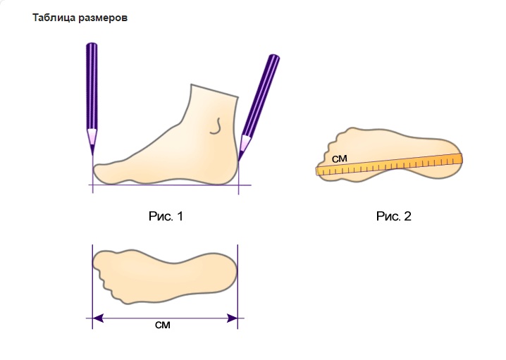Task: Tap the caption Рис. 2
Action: click(x=393, y=217)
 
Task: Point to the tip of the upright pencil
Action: click(x=92, y=154)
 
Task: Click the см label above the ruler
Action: click(x=339, y=159)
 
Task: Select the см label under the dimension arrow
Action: click(x=162, y=326)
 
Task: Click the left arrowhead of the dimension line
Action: click(x=99, y=318)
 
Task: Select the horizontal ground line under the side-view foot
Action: click(x=169, y=185)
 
